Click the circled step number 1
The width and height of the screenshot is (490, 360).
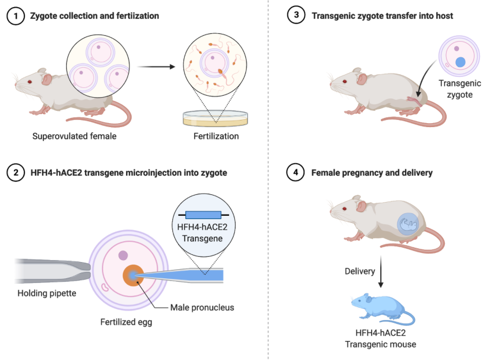[15, 16]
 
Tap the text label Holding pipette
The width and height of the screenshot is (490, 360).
[47, 293]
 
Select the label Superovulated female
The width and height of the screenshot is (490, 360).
[74, 136]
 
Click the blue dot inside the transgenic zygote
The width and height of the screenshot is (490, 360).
[461, 62]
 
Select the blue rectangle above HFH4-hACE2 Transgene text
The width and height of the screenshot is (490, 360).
[203, 214]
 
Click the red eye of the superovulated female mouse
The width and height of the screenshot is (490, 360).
[30, 82]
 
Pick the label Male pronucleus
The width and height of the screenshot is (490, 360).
[202, 307]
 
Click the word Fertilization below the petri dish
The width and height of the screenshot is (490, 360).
[216, 136]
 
